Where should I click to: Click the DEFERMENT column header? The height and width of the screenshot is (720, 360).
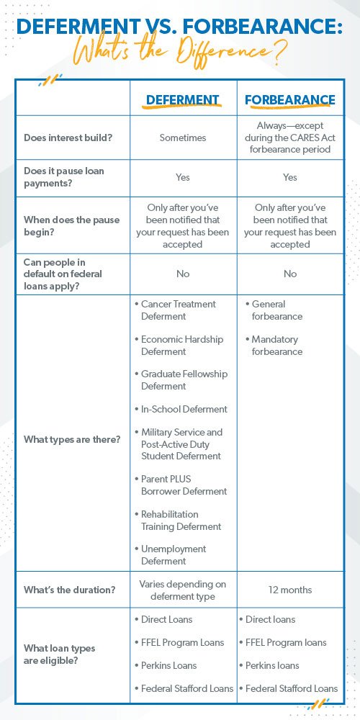(183, 100)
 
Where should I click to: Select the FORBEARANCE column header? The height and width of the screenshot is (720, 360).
(290, 100)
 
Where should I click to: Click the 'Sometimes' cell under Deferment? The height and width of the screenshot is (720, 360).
(183, 138)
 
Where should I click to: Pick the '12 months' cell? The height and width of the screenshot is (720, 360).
(290, 590)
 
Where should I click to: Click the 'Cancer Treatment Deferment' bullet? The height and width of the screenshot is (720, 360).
(178, 310)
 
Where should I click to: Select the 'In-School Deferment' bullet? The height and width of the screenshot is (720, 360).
(184, 409)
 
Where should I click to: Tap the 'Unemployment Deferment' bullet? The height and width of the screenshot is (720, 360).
(174, 554)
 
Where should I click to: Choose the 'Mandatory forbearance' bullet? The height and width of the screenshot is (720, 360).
(276, 346)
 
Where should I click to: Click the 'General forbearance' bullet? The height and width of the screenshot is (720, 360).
(276, 310)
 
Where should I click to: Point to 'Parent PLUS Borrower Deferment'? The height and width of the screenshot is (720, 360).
(184, 485)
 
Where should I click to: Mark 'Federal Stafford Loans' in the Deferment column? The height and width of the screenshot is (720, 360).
(186, 688)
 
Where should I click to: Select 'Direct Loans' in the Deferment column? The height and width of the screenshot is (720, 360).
(166, 619)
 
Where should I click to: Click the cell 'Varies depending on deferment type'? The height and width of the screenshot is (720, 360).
(183, 590)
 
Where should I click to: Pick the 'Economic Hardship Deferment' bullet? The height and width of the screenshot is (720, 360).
(182, 346)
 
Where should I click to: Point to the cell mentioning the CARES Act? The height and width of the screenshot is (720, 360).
(290, 138)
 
